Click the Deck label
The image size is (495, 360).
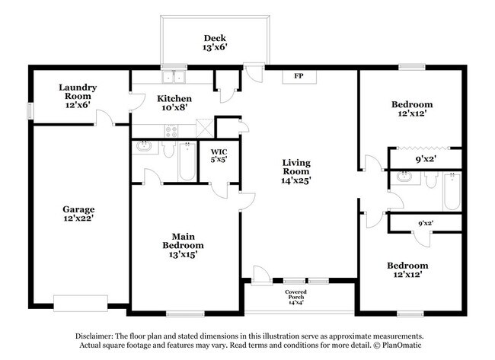coord(214,43)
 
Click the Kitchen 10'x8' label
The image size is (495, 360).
coord(174,104)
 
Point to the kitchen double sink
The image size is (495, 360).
coord(174,76)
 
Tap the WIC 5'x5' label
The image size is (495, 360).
coord(219,156)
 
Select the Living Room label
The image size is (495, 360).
coord(295,171)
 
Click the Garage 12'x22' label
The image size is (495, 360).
coord(78,214)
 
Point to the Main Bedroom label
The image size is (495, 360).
coord(183,245)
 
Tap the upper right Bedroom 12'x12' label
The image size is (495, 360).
coord(412,109)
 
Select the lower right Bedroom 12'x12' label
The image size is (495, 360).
coord(407,270)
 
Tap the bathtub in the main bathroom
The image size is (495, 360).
coord(187,162)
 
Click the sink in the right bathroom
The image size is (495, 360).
coord(404,178)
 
